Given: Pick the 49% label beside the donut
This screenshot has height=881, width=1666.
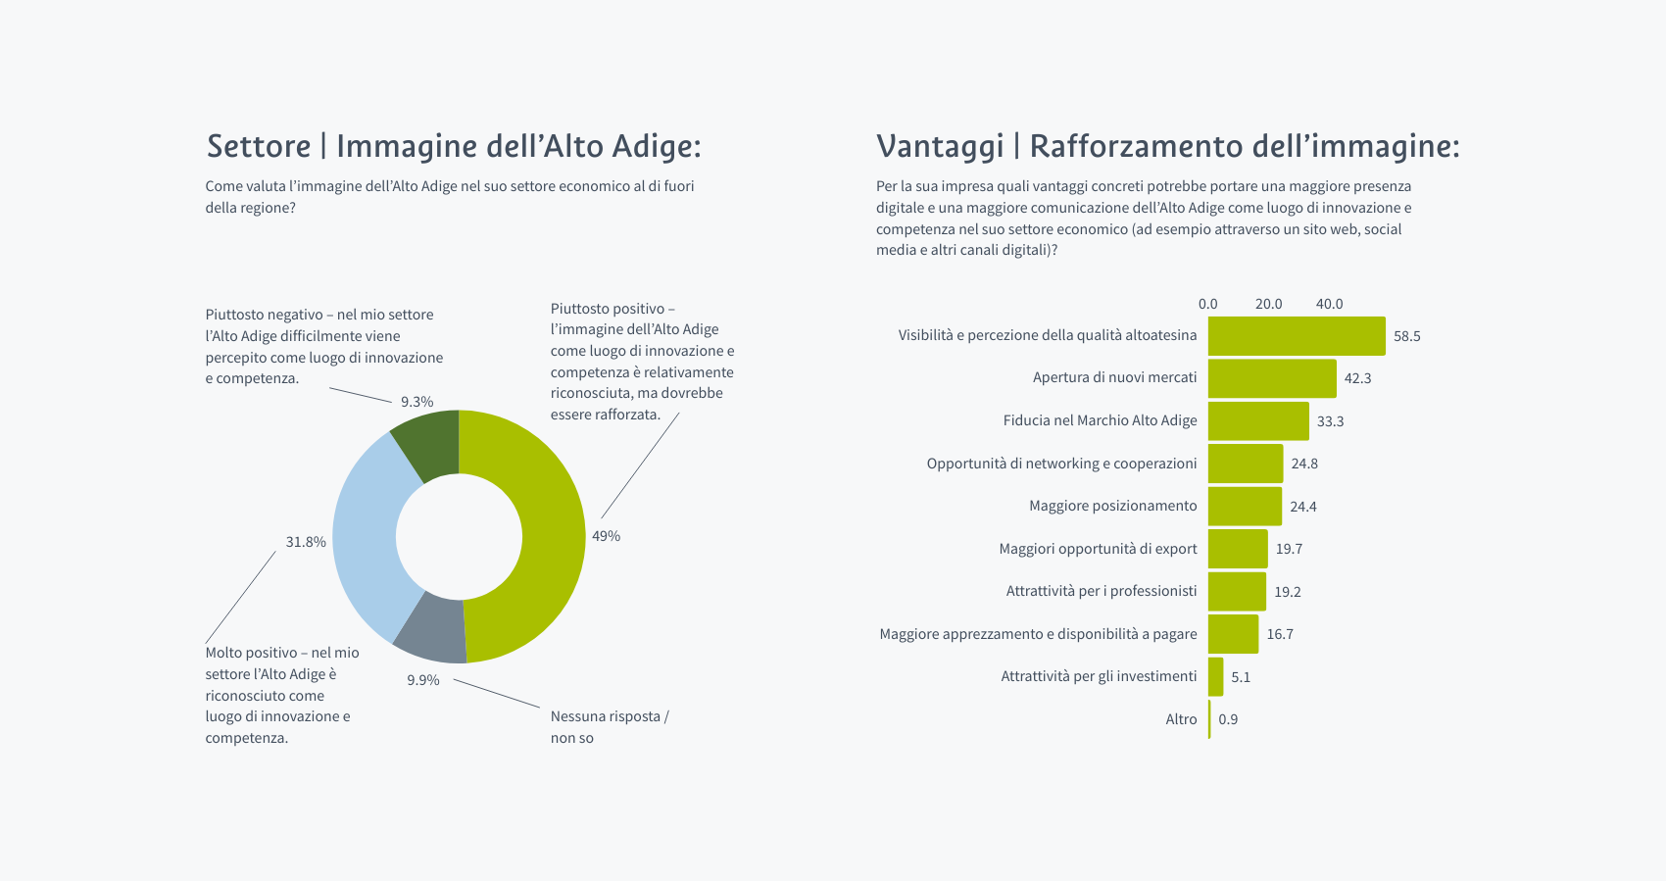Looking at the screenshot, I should [x=606, y=536].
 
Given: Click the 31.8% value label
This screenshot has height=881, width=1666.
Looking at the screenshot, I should [x=306, y=542].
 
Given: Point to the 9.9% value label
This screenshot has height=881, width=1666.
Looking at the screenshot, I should [x=423, y=680].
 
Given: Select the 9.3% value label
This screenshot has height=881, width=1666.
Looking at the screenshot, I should [x=416, y=402].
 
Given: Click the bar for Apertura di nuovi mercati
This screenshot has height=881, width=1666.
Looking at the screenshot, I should [x=1271, y=378].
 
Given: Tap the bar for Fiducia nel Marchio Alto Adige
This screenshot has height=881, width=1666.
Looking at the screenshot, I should [x=1257, y=421].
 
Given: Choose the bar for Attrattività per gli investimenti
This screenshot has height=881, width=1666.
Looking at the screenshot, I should [x=1215, y=677].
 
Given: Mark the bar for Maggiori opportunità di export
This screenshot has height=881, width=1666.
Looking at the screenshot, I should [x=1237, y=549].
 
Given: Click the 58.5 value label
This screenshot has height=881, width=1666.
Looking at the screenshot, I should [x=1406, y=336].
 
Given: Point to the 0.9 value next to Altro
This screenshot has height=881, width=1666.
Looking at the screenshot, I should [x=1228, y=719].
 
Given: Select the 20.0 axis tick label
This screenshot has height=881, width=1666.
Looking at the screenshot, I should [x=1268, y=304].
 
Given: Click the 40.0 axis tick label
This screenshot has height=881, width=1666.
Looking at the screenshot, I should [x=1329, y=304].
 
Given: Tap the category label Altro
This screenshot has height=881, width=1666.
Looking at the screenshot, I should [x=1181, y=719].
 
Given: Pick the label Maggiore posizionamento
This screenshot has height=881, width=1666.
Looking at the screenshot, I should [x=1112, y=506].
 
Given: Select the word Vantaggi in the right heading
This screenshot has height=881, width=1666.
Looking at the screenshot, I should [x=940, y=146].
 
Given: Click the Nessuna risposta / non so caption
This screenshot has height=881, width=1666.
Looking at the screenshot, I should [x=609, y=727].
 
